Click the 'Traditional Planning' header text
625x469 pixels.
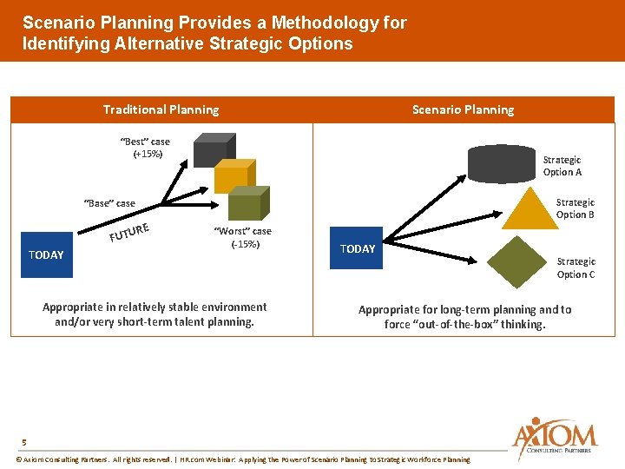pyautogui.click(x=161, y=109)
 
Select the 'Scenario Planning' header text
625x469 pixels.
pyautogui.click(x=463, y=109)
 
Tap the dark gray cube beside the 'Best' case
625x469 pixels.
pyautogui.click(x=213, y=150)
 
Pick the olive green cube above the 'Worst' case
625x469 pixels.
pyautogui.click(x=247, y=205)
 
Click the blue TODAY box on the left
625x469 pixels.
pyautogui.click(x=46, y=254)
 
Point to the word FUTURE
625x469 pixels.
pyautogui.click(x=131, y=231)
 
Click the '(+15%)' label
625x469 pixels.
pyautogui.click(x=147, y=155)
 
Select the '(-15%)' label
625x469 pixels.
pyautogui.click(x=245, y=244)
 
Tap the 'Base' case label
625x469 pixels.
pyautogui.click(x=109, y=203)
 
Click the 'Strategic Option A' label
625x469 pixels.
pyautogui.click(x=562, y=166)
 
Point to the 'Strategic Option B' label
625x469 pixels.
pyautogui.click(x=575, y=208)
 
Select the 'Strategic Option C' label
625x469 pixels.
pyautogui.click(x=576, y=268)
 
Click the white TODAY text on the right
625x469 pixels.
pyautogui.click(x=358, y=249)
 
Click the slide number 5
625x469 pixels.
pyautogui.click(x=24, y=442)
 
